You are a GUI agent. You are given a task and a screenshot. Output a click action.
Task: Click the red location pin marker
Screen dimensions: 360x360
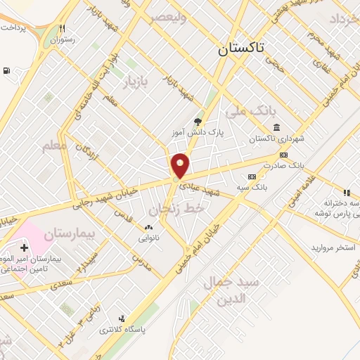181,165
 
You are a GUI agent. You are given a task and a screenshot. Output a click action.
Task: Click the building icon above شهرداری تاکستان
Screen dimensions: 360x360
275,127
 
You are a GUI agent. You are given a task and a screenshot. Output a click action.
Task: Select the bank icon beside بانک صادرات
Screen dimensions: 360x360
283,155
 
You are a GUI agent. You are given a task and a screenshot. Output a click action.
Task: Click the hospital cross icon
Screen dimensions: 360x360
25,247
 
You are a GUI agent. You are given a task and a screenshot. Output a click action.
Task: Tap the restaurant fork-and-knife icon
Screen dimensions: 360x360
63,29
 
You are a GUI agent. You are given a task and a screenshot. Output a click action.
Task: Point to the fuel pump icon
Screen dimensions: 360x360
7,70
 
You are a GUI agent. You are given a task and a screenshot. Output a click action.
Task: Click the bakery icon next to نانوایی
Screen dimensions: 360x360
148,227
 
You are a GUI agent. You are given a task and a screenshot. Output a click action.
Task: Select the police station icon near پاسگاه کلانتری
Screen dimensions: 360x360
122,319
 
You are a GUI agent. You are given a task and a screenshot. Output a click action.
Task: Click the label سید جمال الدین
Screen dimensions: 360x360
231,290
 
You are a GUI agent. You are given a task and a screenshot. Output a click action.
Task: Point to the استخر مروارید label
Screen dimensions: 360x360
334,248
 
